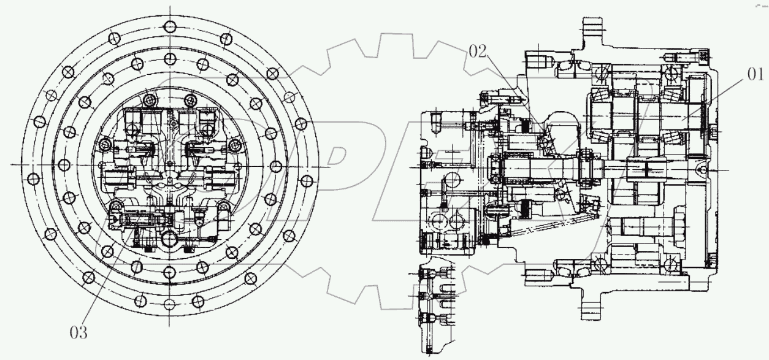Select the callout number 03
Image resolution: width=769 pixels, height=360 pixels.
[78, 333]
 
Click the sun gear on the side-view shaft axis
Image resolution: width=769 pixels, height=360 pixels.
[647, 166]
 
